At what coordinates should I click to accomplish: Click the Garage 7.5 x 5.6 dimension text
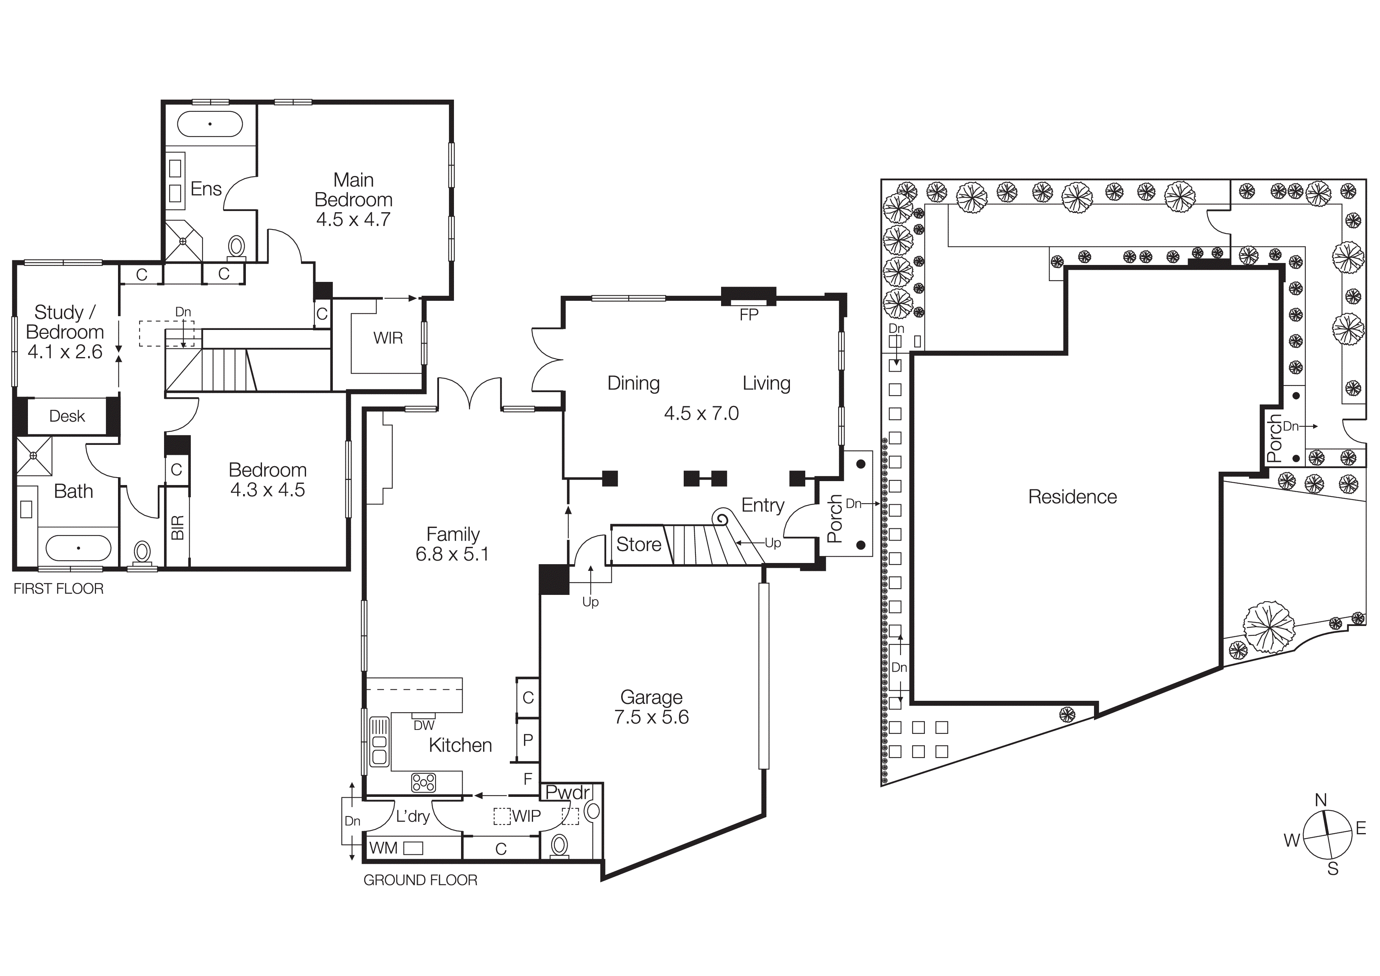(x=651, y=717)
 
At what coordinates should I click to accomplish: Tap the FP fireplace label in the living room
(x=749, y=315)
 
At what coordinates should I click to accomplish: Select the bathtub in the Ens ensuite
(x=210, y=124)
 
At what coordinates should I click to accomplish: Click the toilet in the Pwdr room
(x=559, y=846)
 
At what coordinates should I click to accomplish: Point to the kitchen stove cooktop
(x=423, y=782)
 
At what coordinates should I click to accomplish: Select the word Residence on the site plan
(x=1072, y=497)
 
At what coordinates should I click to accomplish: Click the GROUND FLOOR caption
(x=420, y=880)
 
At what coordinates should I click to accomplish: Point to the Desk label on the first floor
(x=67, y=416)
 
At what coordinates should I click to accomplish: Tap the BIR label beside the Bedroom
(x=177, y=528)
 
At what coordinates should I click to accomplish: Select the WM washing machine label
(x=384, y=848)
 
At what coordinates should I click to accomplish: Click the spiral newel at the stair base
(x=721, y=519)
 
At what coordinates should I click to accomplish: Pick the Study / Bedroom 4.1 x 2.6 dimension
(x=65, y=352)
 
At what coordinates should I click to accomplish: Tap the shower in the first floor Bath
(x=34, y=456)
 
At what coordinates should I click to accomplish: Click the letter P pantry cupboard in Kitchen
(x=528, y=740)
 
